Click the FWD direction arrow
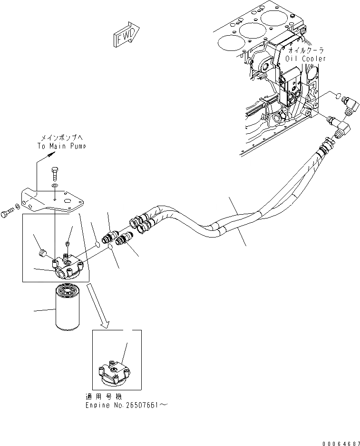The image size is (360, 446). [126, 36]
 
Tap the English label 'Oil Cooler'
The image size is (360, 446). [306, 59]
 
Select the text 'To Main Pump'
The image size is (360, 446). [62, 147]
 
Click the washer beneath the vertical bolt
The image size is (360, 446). [56, 186]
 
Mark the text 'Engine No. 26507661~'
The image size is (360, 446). [126, 406]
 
